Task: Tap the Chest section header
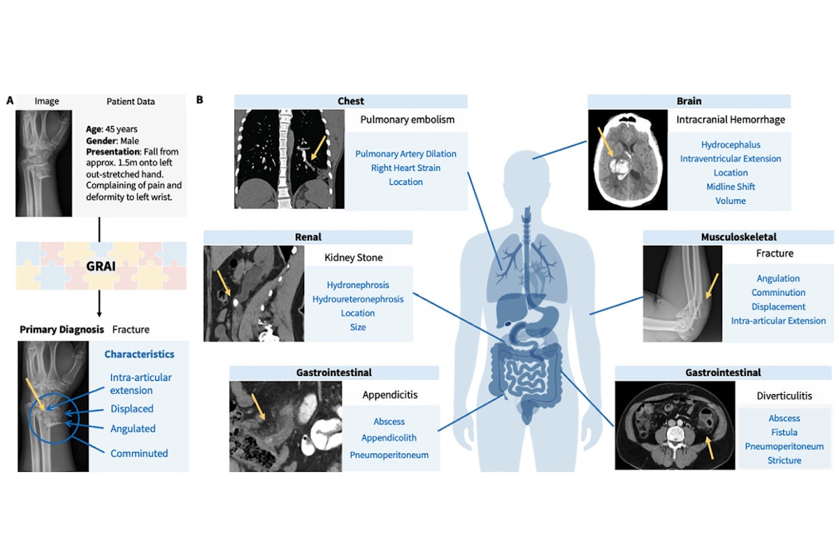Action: [x=350, y=101]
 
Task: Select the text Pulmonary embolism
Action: [x=398, y=120]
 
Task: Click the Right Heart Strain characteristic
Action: [x=406, y=168]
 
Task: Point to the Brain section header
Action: [x=689, y=101]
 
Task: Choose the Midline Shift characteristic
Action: [x=731, y=187]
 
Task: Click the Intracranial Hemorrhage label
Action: [x=731, y=120]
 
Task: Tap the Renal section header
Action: [x=308, y=237]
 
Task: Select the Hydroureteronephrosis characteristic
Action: [x=357, y=299]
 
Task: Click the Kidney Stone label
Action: [x=353, y=258]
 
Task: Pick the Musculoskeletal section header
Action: [x=738, y=237]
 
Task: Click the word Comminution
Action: [x=778, y=293]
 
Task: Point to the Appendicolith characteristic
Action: [x=389, y=438]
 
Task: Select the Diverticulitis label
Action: [x=784, y=395]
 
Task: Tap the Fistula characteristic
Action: [x=784, y=433]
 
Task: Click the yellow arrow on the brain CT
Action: [x=604, y=140]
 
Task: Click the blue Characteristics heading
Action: [x=139, y=354]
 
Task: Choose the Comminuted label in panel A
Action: [x=139, y=454]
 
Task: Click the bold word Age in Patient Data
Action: [x=101, y=129]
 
